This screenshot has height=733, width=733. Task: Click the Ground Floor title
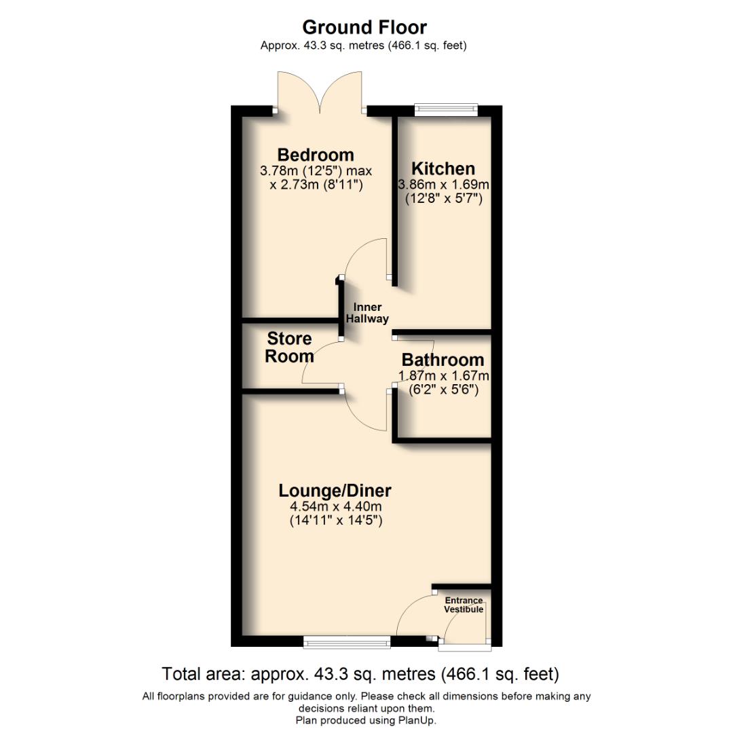[x=364, y=27]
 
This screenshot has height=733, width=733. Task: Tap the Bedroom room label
[x=316, y=155]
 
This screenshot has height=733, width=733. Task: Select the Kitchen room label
[x=444, y=168]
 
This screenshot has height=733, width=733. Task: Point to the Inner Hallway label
[x=367, y=313]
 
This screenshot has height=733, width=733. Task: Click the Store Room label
[x=289, y=347]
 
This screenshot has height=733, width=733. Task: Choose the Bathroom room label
[x=443, y=360]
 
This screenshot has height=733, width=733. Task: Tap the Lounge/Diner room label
[x=335, y=491]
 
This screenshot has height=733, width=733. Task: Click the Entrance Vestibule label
[x=464, y=605]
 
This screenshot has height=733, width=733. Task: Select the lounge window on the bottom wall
[x=347, y=640]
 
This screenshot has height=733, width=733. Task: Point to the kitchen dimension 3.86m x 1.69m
[x=444, y=185]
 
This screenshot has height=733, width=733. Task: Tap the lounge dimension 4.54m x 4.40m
[x=335, y=506]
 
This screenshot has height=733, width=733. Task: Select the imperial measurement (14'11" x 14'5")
[x=335, y=521]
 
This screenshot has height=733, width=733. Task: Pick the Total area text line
[x=360, y=675]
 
